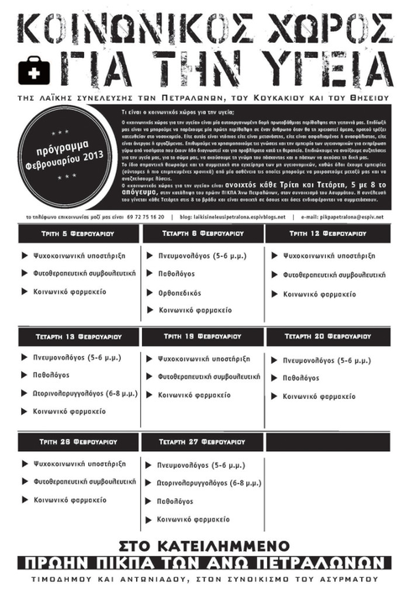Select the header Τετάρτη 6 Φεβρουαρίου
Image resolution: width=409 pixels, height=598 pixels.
[x=204, y=233]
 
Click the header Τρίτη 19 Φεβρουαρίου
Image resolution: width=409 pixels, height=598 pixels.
[x=204, y=337]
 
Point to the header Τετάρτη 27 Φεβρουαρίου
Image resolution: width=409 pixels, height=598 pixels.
[x=204, y=441]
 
